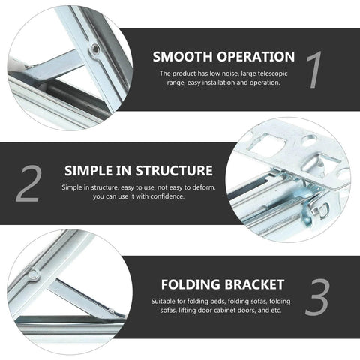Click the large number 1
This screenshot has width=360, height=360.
pos(314,70)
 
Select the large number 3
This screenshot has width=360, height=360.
pos(317,298)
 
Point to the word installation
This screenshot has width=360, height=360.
pos(223,83)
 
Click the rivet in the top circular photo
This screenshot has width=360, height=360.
pos(95,49)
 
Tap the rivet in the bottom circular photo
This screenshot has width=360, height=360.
pos(34,275)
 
